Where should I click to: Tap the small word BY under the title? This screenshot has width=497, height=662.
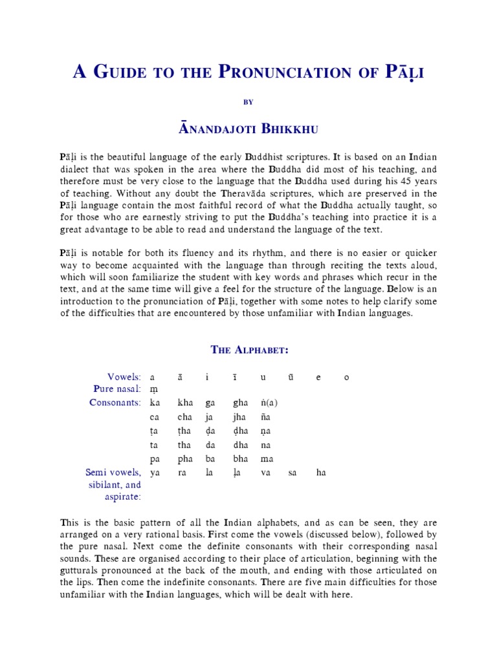(248, 101)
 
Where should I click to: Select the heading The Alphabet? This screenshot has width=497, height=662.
(249, 350)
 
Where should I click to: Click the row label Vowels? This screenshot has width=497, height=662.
(124, 377)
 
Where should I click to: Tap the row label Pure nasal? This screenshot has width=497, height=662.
(120, 389)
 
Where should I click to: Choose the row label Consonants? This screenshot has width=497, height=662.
(115, 402)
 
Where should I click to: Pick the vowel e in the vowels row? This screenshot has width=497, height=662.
(318, 378)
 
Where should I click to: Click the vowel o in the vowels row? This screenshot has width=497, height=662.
(346, 378)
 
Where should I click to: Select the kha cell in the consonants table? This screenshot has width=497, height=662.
(185, 403)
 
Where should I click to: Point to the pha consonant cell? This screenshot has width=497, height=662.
(185, 459)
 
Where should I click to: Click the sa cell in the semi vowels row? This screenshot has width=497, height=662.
(293, 473)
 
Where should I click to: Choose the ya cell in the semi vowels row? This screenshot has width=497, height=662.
(154, 473)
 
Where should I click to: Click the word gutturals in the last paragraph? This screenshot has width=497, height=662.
(83, 571)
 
